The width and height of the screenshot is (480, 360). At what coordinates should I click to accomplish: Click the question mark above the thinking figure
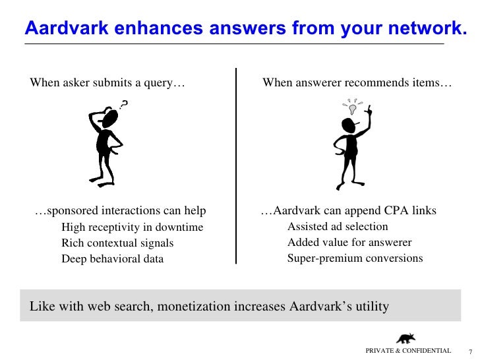(x=124, y=103)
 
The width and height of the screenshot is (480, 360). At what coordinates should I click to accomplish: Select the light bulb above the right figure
(x=353, y=106)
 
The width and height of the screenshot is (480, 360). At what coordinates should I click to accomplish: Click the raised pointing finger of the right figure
(x=370, y=109)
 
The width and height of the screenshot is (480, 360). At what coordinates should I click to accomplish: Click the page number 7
(x=470, y=351)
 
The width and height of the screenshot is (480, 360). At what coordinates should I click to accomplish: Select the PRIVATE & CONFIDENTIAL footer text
(x=408, y=351)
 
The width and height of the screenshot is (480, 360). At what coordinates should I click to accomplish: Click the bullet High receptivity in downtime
(x=132, y=227)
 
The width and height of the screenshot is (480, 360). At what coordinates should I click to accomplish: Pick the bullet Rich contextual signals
(x=117, y=243)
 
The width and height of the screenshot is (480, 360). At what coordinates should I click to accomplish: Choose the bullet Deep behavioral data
(x=112, y=258)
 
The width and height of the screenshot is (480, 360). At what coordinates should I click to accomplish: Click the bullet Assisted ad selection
(x=338, y=227)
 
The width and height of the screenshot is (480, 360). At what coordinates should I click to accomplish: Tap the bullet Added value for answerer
(x=349, y=243)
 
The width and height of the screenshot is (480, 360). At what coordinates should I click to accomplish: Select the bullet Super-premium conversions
(x=355, y=258)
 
